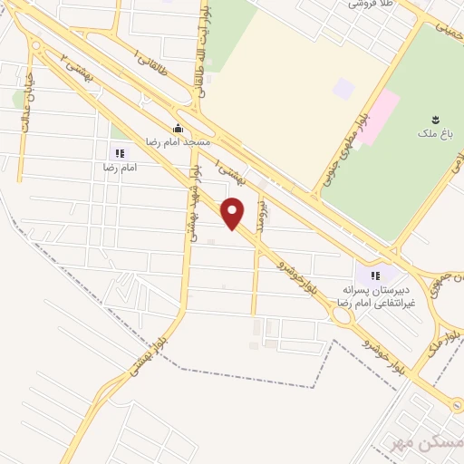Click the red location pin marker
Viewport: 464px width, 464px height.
click(x=234, y=212)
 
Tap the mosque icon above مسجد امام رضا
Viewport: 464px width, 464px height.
click(x=179, y=128)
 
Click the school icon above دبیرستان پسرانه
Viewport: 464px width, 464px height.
click(x=375, y=275)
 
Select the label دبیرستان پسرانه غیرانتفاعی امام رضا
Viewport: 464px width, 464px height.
click(x=372, y=295)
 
